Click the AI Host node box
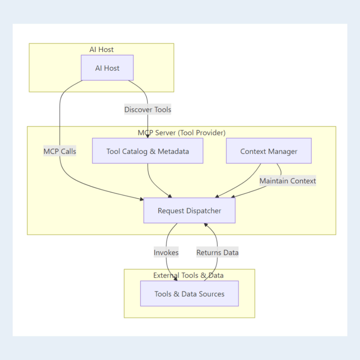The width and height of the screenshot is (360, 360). [x=107, y=68]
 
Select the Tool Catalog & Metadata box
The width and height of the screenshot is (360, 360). [x=148, y=151]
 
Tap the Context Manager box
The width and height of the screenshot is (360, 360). [x=269, y=151]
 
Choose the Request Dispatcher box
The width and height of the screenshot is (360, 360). [x=189, y=210]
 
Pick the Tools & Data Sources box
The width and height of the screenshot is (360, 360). [x=189, y=294]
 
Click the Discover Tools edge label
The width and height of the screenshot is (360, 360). [x=148, y=110]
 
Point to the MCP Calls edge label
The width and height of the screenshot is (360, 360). [x=60, y=152]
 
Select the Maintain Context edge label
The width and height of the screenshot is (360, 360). [x=288, y=181]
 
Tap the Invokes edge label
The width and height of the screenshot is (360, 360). [x=166, y=252]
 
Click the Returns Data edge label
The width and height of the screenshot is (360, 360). [x=217, y=252]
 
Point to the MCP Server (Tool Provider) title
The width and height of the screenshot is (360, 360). [x=181, y=133]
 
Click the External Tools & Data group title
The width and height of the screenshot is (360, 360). [x=188, y=275]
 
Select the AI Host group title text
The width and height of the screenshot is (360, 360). [x=102, y=50]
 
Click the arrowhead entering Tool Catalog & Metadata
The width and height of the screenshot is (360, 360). [x=148, y=136]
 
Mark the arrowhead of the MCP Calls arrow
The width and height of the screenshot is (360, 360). [x=141, y=199]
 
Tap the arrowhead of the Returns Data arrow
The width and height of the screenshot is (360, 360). [x=206, y=225]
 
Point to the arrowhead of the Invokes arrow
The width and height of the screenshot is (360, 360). [x=175, y=278]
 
